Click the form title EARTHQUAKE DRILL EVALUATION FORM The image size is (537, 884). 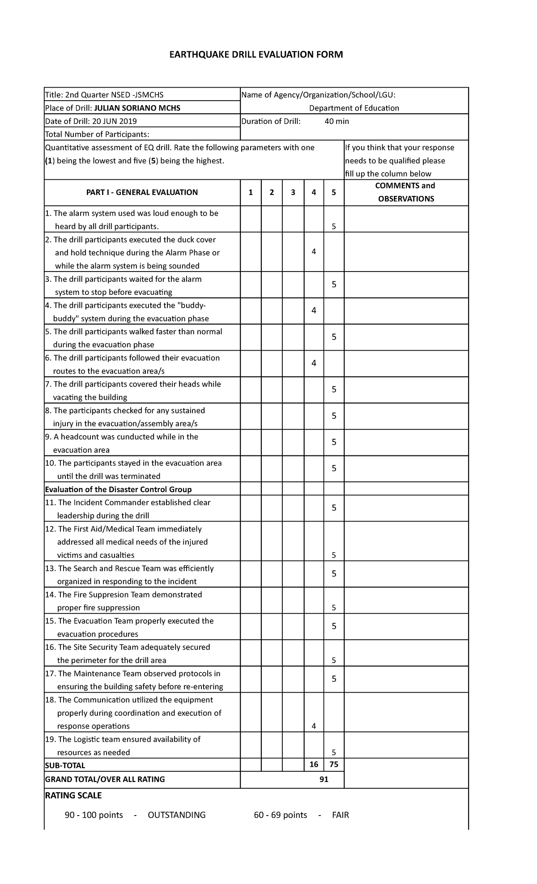[256, 55]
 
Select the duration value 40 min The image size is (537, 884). [337, 121]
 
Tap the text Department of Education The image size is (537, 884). [354, 108]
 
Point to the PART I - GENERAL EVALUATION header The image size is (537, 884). [142, 192]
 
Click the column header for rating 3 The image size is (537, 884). [293, 192]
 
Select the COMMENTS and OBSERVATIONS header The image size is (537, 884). [406, 192]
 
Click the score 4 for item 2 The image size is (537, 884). [314, 252]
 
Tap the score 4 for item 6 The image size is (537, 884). [314, 363]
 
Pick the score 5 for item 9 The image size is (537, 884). [334, 442]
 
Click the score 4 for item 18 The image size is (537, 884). [314, 726]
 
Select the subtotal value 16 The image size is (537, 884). [314, 765]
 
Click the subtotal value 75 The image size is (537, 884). [334, 765]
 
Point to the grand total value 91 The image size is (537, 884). [324, 779]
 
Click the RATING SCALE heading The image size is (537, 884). [73, 795]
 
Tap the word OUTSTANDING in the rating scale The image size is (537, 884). [177, 815]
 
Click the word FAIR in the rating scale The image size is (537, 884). [340, 815]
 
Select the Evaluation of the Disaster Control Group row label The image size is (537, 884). [119, 489]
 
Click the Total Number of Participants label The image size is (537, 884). [97, 134]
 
